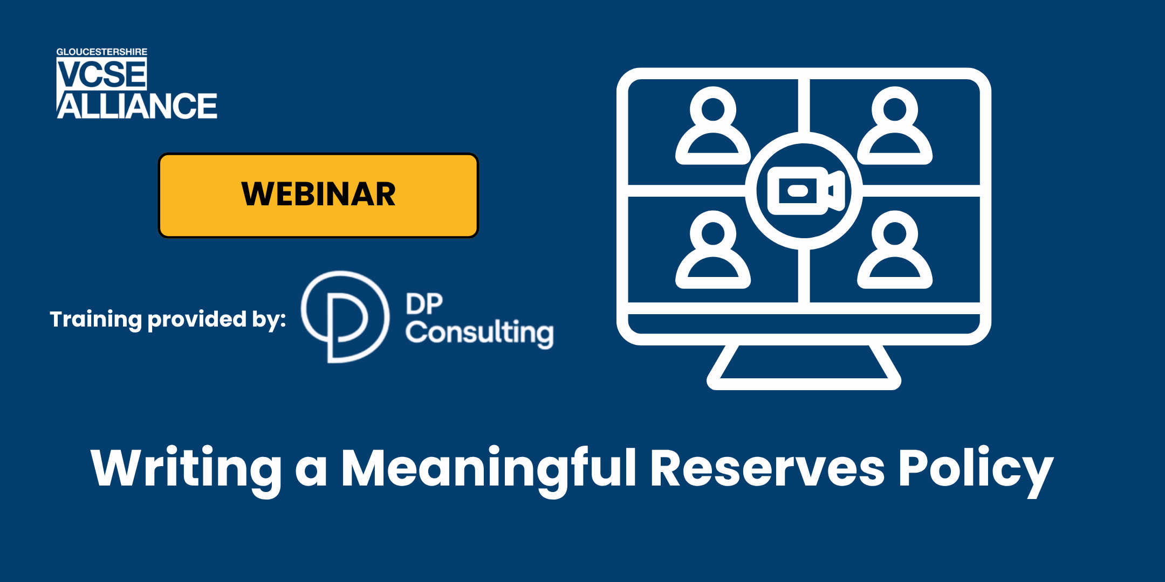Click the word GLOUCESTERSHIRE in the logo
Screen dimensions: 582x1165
101,52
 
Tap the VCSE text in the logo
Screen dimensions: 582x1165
102,74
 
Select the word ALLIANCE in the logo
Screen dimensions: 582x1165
137,106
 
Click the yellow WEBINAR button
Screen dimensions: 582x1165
318,195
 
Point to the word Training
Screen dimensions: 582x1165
96,320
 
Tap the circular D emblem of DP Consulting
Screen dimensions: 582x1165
344,317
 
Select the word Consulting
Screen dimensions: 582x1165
479,332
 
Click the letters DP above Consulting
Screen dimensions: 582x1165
424,304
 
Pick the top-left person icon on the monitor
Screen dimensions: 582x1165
713,126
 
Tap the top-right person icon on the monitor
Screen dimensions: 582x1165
895,126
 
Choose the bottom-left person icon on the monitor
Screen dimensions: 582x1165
713,250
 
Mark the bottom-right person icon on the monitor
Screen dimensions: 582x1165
895,250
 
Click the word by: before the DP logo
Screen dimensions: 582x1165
269,320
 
